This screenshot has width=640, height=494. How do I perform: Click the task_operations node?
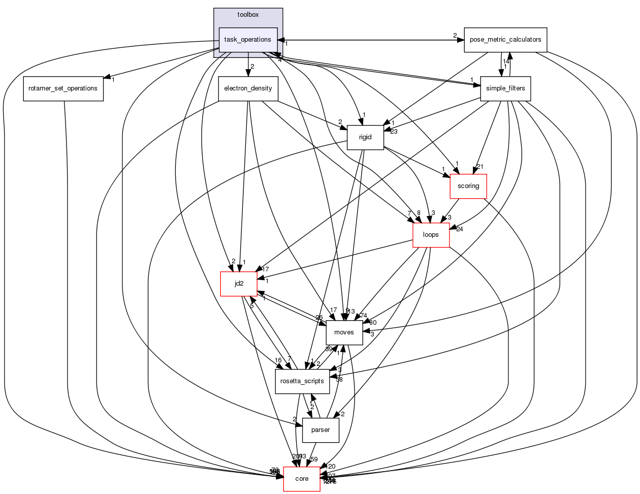pos(248,40)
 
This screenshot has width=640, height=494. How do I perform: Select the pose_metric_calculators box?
pos(505,40)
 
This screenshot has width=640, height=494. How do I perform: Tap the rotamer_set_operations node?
pos(63,88)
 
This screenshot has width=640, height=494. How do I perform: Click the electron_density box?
pos(248,88)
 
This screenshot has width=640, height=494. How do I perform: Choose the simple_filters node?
pos(505,88)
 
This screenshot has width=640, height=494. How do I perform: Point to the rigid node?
pos(365,137)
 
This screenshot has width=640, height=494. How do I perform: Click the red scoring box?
pos(468,186)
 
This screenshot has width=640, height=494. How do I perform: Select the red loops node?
pos(431,235)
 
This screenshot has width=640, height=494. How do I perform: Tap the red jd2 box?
pos(239,284)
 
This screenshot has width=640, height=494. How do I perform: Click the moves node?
pos(344,332)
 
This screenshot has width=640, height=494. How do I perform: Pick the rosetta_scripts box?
pos(302,381)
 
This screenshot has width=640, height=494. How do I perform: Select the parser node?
pos(321,430)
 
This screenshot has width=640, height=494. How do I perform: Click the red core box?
pos(302,479)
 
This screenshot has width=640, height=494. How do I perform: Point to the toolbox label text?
pos(248,15)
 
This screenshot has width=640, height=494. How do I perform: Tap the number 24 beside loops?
pos(460,229)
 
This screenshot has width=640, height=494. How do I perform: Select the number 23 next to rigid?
pos(393,132)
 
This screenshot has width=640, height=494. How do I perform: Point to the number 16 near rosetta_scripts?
pos(278,360)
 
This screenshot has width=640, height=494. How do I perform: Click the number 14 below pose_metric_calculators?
pos(506,61)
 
